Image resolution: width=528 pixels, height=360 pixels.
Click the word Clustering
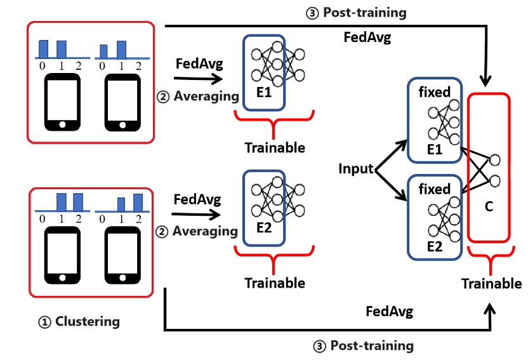click(88, 322)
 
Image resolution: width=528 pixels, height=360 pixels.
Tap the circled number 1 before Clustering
click(44, 323)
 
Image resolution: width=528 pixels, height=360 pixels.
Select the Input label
click(356, 168)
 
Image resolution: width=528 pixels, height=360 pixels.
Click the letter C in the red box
click(489, 206)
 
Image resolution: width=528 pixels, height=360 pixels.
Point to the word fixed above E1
click(434, 92)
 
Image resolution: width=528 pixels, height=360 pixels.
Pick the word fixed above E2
click(434, 189)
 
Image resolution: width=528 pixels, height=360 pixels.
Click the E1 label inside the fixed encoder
click(434, 149)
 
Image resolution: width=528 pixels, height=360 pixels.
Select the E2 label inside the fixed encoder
click(434, 246)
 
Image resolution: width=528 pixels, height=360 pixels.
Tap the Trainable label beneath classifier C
click(491, 284)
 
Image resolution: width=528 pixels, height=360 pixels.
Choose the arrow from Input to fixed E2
click(391, 185)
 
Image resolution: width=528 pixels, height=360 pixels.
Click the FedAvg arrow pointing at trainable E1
click(199, 79)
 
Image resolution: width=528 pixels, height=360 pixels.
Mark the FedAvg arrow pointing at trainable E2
click(196, 214)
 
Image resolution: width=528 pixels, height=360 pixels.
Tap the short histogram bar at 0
click(103, 51)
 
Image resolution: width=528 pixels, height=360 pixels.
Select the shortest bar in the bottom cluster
click(121, 204)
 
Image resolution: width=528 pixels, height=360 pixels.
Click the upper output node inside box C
click(494, 160)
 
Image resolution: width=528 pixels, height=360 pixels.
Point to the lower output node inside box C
click(494, 181)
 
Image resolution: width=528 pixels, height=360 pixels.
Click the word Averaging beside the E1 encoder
click(206, 97)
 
